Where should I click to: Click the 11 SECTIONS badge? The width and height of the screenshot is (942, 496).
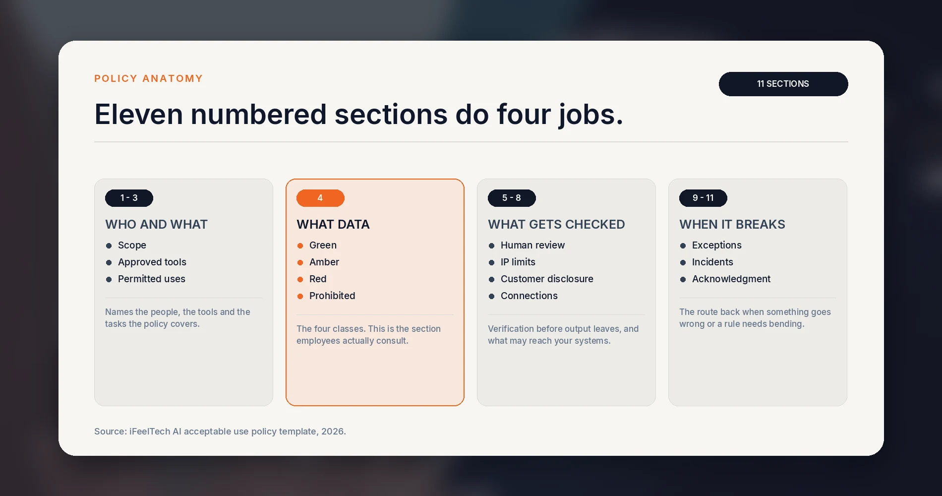coord(783,84)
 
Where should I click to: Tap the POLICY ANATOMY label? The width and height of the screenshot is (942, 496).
coord(149,78)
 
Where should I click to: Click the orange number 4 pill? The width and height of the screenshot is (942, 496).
coord(320,198)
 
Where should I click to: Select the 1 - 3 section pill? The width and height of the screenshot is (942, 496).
coord(129,198)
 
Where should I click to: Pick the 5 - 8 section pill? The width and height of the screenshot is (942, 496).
coord(512,198)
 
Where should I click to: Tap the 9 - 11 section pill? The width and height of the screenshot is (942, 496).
coord(703,198)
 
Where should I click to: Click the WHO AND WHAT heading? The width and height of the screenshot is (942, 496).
coord(156,224)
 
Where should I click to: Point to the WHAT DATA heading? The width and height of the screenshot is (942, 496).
coord(333,224)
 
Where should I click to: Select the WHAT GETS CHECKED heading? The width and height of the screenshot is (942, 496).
coord(556,224)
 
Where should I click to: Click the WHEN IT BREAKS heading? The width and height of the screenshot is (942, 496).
coord(732,224)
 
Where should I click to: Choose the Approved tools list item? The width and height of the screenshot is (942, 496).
coord(152,262)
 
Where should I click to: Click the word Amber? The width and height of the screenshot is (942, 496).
coord(324,262)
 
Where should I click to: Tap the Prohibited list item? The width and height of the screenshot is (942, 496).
coord(332,296)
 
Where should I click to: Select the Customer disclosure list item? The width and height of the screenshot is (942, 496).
coord(547,279)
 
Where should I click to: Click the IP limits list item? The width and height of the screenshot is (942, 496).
coord(518,262)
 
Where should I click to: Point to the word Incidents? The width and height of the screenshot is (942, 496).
coord(712,262)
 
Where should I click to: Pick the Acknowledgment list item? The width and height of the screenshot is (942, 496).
coord(731,279)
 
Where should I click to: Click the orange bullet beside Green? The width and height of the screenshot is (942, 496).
coord(300,246)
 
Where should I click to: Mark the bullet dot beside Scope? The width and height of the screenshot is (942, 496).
coord(109,246)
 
